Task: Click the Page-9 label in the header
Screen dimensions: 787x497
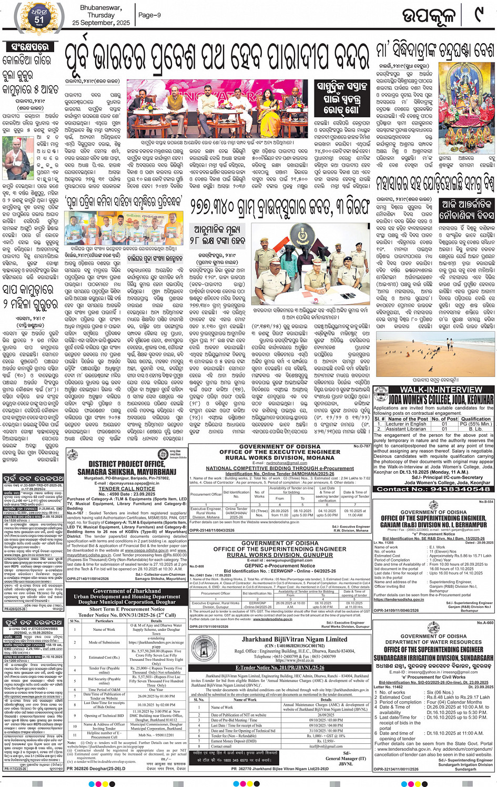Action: [149, 15]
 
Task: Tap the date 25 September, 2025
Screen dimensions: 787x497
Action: [101, 23]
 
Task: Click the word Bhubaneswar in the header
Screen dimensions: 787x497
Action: [101, 8]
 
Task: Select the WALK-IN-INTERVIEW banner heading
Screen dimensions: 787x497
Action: [433, 390]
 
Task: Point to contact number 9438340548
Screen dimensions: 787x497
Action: [433, 489]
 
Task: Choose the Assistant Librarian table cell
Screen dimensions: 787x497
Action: [409, 428]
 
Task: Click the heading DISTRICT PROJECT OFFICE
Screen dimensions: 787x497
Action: [126, 464]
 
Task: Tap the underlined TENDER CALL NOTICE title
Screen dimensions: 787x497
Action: [127, 488]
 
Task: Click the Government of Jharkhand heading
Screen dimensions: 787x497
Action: [127, 591]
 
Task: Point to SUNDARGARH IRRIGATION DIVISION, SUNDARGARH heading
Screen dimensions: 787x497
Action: [433, 657]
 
